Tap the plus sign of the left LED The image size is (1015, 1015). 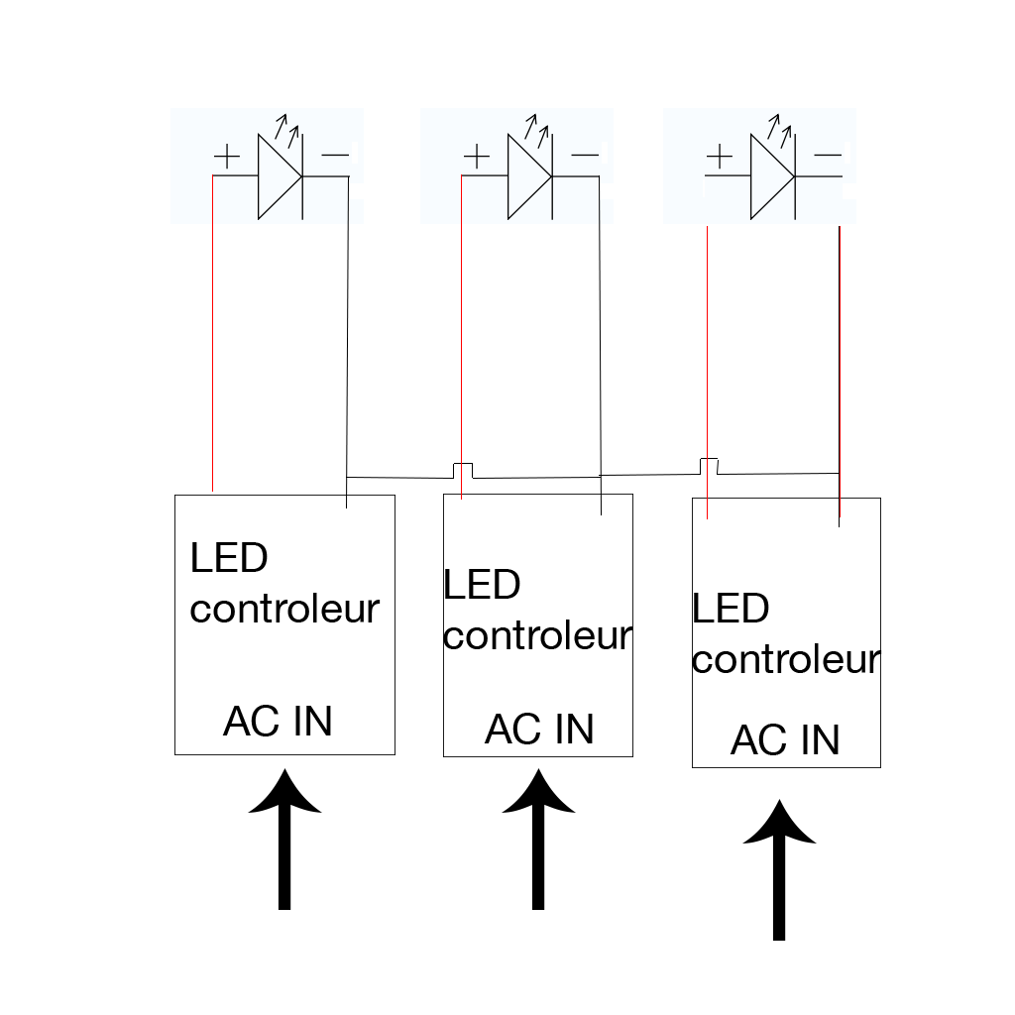[x=227, y=157]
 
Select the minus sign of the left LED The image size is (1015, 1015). [x=335, y=155]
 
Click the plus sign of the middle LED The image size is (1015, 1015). [x=477, y=157]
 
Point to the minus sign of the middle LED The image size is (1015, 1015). [x=585, y=155]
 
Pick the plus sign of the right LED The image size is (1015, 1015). [x=719, y=157]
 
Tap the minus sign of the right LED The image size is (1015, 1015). [x=828, y=155]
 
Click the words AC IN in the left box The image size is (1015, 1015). [x=278, y=722]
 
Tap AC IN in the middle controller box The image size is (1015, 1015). [x=539, y=730]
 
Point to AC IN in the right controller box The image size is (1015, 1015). [x=785, y=740]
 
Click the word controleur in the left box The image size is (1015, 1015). [x=284, y=609]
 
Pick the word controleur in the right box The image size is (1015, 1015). [x=785, y=659]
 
